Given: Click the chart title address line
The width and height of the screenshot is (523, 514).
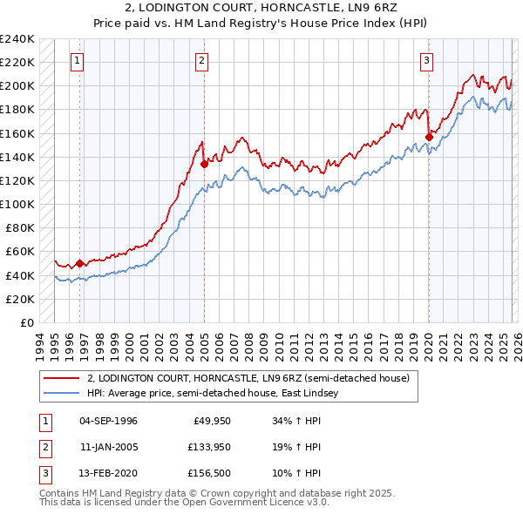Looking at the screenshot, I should [x=261, y=10].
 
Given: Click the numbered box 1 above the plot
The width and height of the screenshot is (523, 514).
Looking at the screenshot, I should [x=78, y=60].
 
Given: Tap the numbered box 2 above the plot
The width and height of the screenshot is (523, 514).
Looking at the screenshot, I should [x=202, y=60].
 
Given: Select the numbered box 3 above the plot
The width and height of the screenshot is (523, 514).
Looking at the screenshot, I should [x=427, y=60].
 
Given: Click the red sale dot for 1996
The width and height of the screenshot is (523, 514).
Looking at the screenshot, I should [x=79, y=263].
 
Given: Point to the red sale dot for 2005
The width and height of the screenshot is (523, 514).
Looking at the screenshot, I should [x=204, y=163].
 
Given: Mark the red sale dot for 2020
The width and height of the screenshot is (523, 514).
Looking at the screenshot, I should [x=430, y=137].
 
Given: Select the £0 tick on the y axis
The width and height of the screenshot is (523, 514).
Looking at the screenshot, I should [x=26, y=322].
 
